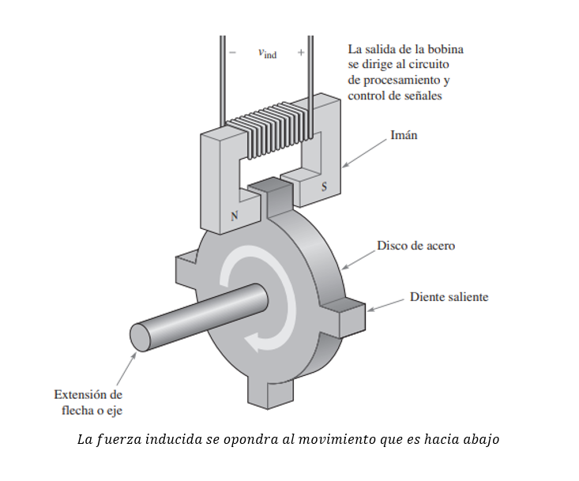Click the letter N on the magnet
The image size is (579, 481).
pos(235,215)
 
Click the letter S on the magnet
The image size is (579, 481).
pos(323,187)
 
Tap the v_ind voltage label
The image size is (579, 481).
pos(267,54)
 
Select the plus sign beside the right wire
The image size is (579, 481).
pos(301,53)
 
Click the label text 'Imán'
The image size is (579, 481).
pos(404,135)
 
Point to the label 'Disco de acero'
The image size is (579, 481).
pos(415,246)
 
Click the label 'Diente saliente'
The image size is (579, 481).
pos(449,297)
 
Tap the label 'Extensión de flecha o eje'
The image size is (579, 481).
pos(88,402)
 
